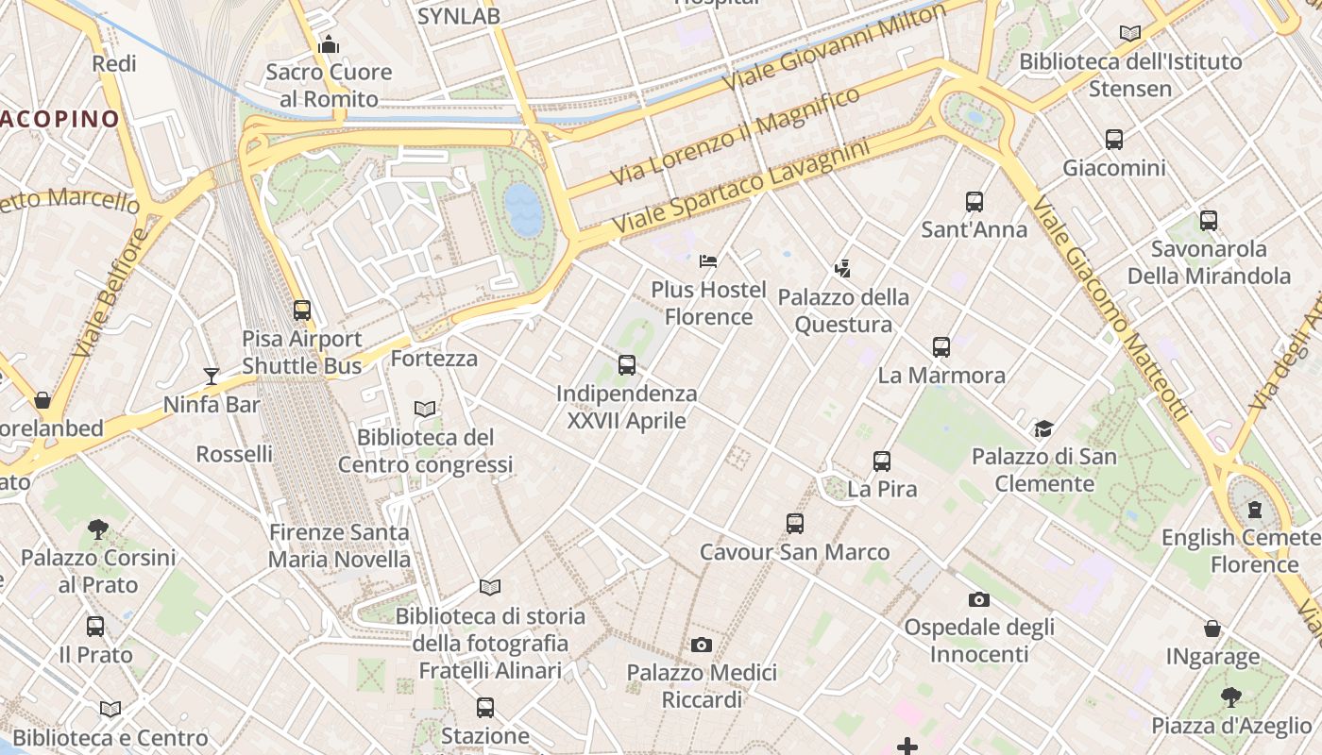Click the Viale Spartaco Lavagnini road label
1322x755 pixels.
(x=740, y=188)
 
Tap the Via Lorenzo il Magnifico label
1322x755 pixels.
(x=735, y=137)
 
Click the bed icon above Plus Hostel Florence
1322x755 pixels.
(x=708, y=261)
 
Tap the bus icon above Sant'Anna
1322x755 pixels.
(x=975, y=202)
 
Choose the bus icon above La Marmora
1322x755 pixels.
(x=941, y=347)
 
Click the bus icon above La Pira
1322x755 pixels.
(x=882, y=461)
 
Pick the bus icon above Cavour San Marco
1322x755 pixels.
(x=795, y=524)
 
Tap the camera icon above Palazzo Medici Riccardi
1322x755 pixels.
(x=702, y=646)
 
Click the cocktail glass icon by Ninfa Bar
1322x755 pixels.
(x=212, y=377)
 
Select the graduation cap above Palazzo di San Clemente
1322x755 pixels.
(x=1043, y=429)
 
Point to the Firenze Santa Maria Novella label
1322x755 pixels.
(x=339, y=545)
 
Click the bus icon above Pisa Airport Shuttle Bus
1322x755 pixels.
(x=302, y=310)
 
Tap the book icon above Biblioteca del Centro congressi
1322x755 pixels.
(x=426, y=409)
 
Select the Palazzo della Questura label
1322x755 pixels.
(x=843, y=310)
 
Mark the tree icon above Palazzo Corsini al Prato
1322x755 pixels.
(x=97, y=528)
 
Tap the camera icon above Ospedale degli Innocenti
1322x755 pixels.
(x=979, y=599)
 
